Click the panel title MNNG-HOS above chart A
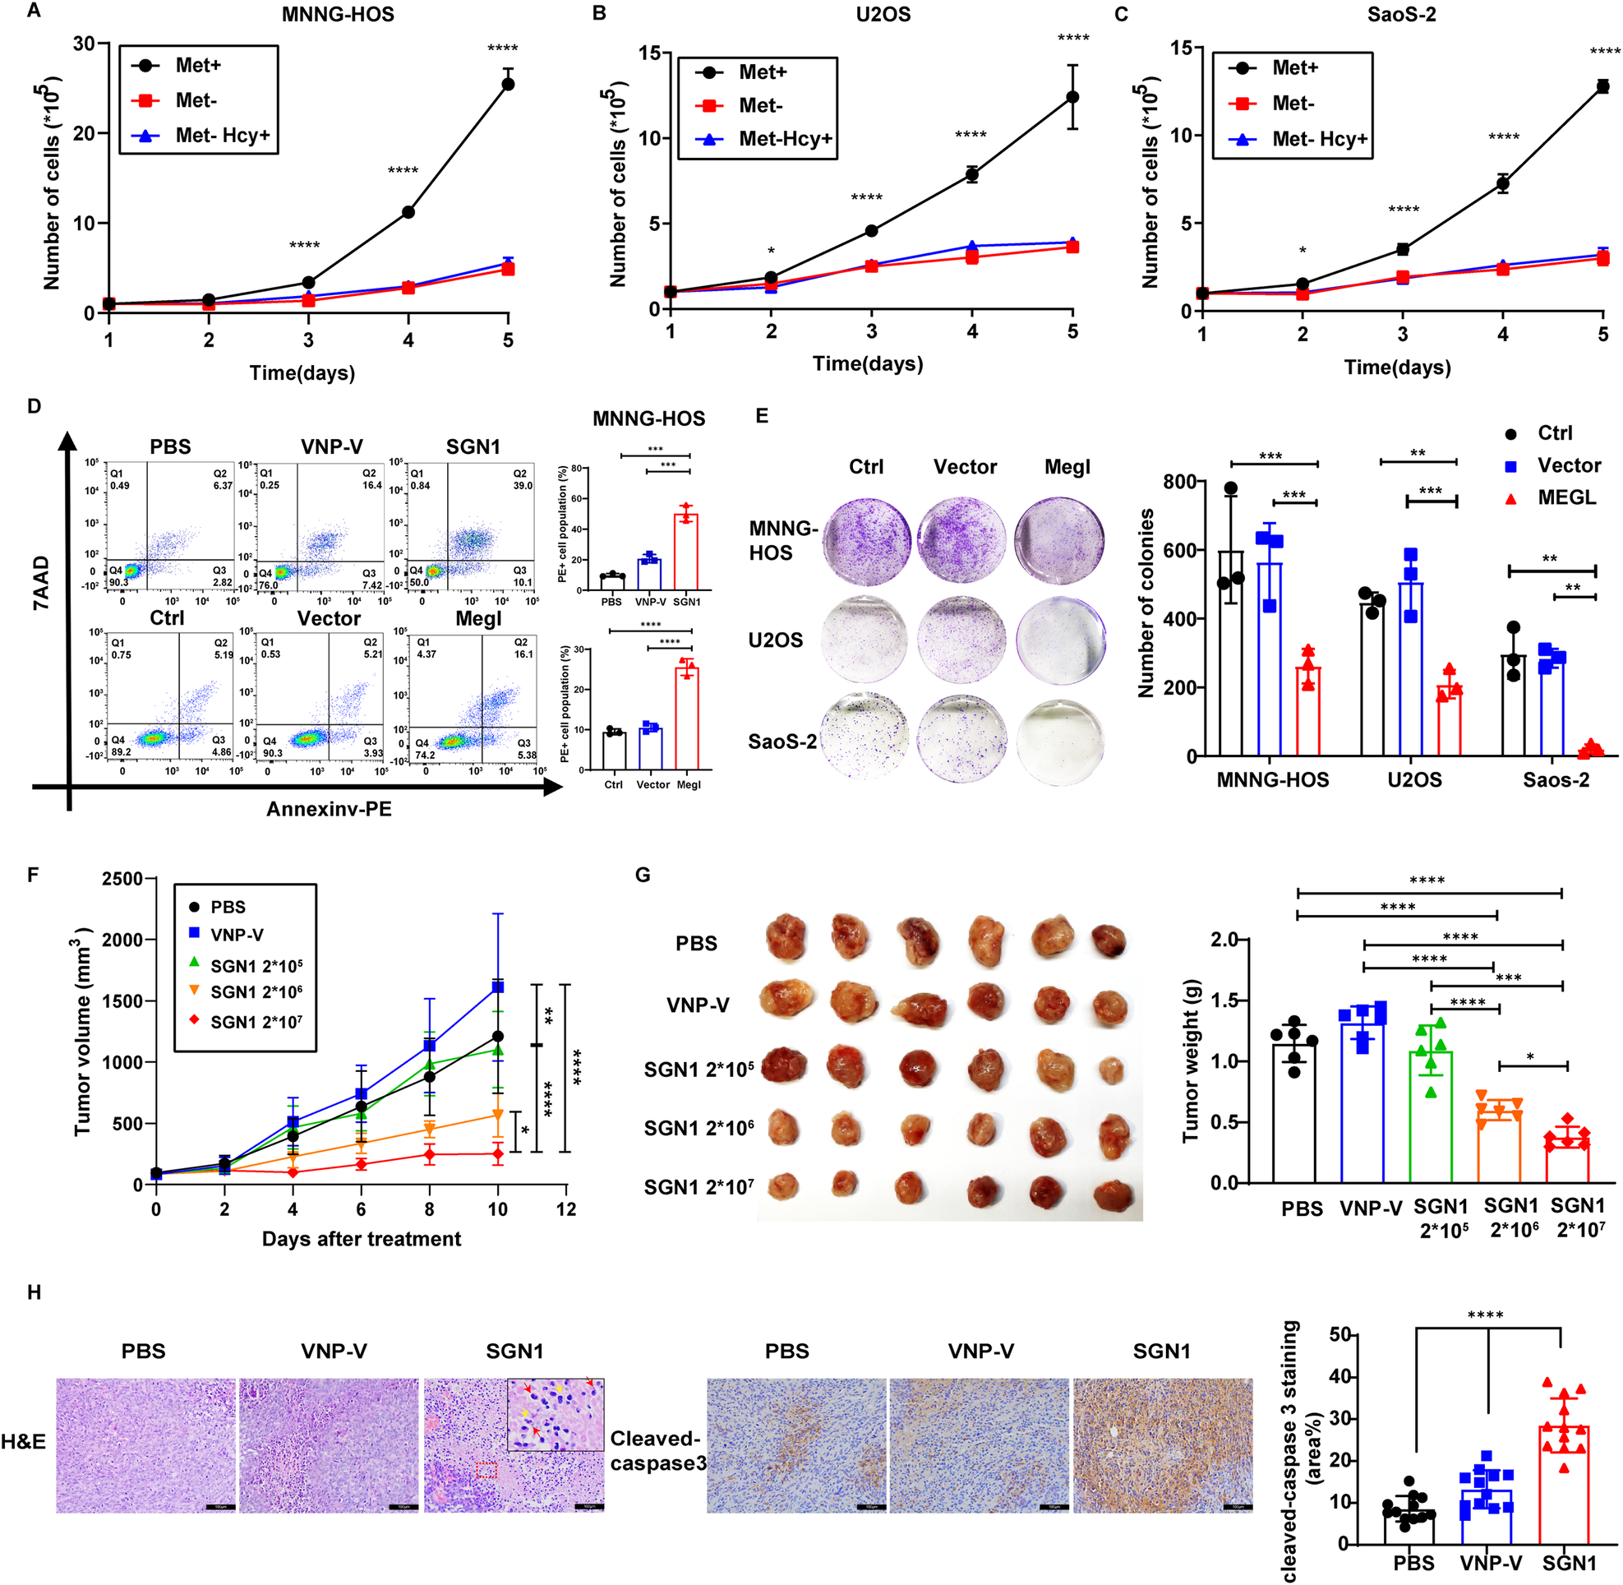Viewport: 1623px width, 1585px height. pos(337,14)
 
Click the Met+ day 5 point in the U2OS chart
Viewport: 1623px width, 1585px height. pos(1072,97)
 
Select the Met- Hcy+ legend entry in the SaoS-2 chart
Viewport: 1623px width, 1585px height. pos(1319,139)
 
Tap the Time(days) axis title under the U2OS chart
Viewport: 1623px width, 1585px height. pos(867,364)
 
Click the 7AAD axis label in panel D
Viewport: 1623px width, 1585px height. pos(42,583)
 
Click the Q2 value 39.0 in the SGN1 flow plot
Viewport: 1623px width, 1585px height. pos(523,485)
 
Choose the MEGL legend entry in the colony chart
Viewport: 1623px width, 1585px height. pos(1565,498)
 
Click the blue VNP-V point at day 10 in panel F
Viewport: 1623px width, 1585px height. pos(498,987)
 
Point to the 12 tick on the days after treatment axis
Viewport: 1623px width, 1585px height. pos(566,1208)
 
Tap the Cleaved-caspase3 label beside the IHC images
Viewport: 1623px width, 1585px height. pos(657,1450)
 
